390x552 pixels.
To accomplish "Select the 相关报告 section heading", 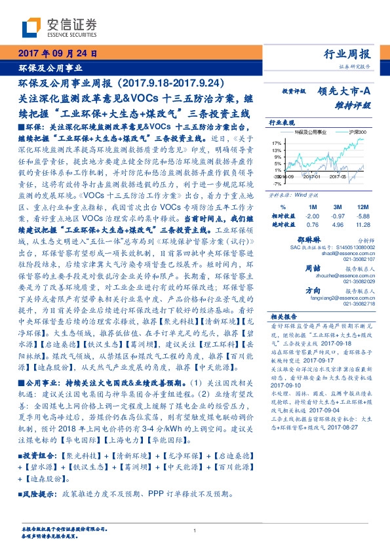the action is pyautogui.click(x=283, y=315).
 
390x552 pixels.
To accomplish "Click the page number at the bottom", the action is pyautogui.click(x=195, y=531).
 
